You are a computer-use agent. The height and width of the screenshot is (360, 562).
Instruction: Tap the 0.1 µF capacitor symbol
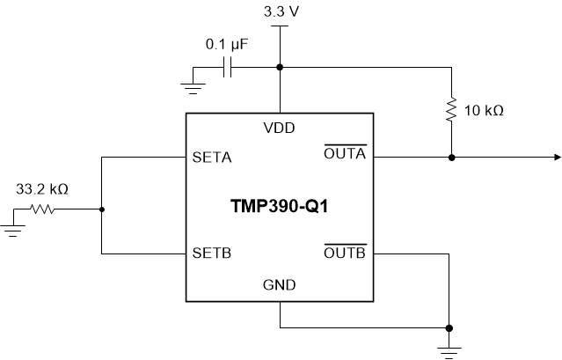coord(227,67)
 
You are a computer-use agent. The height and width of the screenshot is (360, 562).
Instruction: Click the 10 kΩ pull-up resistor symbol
coord(450,110)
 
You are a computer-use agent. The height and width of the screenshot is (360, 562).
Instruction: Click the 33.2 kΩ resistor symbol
coord(43,209)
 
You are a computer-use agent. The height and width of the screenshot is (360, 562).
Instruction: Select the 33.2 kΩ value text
coord(42,188)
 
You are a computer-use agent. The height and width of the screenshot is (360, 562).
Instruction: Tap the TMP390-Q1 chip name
coord(280,208)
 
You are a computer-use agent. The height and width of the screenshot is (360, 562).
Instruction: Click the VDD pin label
coord(280,128)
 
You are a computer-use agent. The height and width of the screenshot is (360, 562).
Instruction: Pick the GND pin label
coord(280,285)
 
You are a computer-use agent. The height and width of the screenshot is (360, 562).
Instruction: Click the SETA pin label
coord(211,158)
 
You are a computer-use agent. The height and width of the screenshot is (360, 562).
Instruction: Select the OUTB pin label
coord(345,253)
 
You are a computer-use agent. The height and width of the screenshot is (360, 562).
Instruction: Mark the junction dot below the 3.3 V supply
coord(280,67)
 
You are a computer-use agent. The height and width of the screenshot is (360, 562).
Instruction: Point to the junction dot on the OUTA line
coord(450,158)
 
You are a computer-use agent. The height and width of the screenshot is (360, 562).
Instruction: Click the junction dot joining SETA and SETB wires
coord(102,209)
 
